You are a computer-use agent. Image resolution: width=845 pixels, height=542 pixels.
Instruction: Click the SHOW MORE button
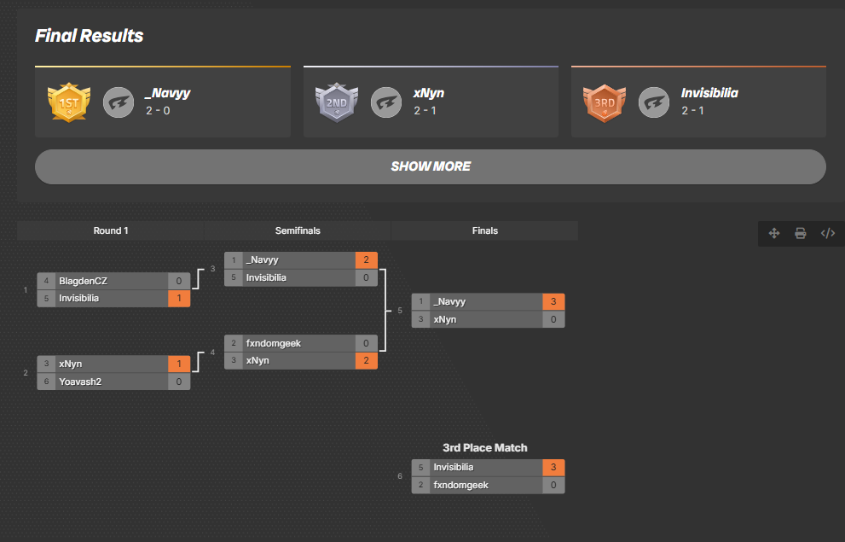point(430,166)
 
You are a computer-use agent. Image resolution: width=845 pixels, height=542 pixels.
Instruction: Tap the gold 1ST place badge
point(68,102)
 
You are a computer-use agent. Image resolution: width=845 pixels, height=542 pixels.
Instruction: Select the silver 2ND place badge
point(336,102)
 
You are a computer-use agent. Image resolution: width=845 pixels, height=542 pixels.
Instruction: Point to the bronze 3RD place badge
point(604,102)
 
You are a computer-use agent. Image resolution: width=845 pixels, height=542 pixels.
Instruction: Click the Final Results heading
point(89,36)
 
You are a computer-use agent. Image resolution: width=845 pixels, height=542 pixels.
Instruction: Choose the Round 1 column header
point(111,230)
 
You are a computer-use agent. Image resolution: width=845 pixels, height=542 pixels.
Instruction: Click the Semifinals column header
point(298,230)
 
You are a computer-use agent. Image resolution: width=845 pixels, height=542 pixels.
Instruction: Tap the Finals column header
point(484,230)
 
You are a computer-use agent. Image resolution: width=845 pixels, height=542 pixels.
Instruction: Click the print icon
point(801,233)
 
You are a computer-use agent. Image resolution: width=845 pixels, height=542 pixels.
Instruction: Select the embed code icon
point(827,233)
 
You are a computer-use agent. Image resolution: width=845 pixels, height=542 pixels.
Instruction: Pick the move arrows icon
point(774,233)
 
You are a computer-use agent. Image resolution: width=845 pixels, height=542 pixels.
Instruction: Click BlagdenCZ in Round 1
point(84,281)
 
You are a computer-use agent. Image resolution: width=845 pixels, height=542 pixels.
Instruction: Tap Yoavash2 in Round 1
point(80,382)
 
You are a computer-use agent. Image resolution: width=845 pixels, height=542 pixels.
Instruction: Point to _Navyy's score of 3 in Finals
point(553,301)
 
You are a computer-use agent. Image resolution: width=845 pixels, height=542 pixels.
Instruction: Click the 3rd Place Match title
point(484,447)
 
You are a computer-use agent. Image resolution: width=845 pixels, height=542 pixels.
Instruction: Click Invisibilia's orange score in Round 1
point(179,298)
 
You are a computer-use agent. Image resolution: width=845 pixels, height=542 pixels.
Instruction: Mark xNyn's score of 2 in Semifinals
point(366,360)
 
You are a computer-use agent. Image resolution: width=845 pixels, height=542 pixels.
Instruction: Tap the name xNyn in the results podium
point(429,93)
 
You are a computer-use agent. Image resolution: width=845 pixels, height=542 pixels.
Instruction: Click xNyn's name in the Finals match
point(444,319)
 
